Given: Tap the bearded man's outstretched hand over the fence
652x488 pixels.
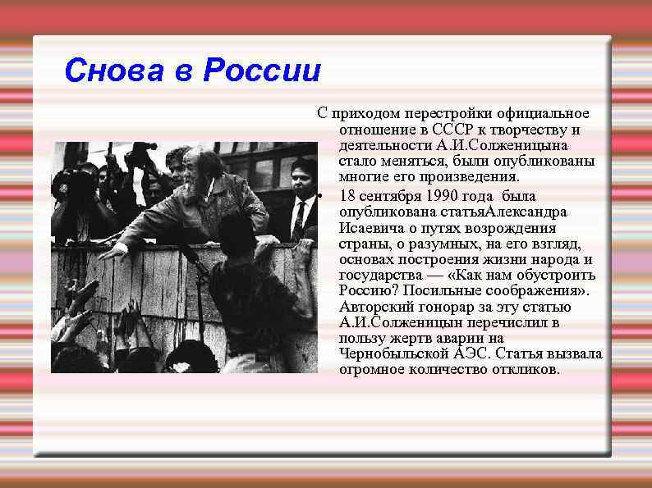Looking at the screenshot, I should pyautogui.click(x=113, y=251).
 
